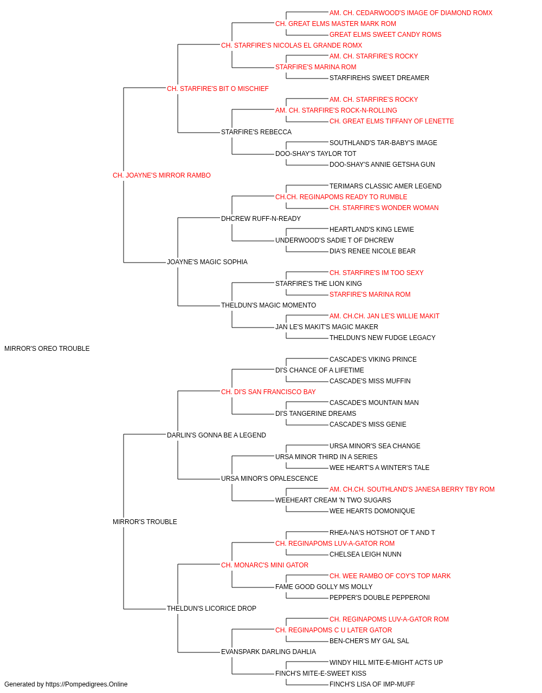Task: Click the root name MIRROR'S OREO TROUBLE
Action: tap(47, 349)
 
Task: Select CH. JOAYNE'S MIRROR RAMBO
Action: tap(162, 175)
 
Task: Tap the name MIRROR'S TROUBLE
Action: tap(145, 522)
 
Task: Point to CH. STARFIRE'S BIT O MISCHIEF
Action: tap(218, 89)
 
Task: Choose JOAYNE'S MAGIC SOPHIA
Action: tap(207, 262)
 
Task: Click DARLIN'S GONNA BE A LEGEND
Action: tap(216, 435)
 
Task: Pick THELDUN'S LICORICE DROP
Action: tap(211, 609)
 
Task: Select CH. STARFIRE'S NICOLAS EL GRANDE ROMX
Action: tap(292, 45)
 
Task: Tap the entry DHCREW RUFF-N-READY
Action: tap(261, 219)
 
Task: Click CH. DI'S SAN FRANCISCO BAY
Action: tap(268, 392)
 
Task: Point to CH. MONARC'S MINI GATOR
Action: tap(264, 565)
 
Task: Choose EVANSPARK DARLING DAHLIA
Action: tap(268, 652)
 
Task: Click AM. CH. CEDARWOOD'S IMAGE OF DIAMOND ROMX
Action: tap(411, 13)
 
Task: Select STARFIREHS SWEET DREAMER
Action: tap(379, 78)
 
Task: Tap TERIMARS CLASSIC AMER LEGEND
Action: tap(385, 186)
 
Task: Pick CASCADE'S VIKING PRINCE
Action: tap(373, 359)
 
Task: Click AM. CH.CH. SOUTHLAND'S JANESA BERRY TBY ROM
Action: tap(412, 489)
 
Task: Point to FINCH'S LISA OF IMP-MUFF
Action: tap(372, 684)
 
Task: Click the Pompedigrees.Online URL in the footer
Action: tap(86, 684)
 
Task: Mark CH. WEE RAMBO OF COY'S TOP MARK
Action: tap(390, 576)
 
